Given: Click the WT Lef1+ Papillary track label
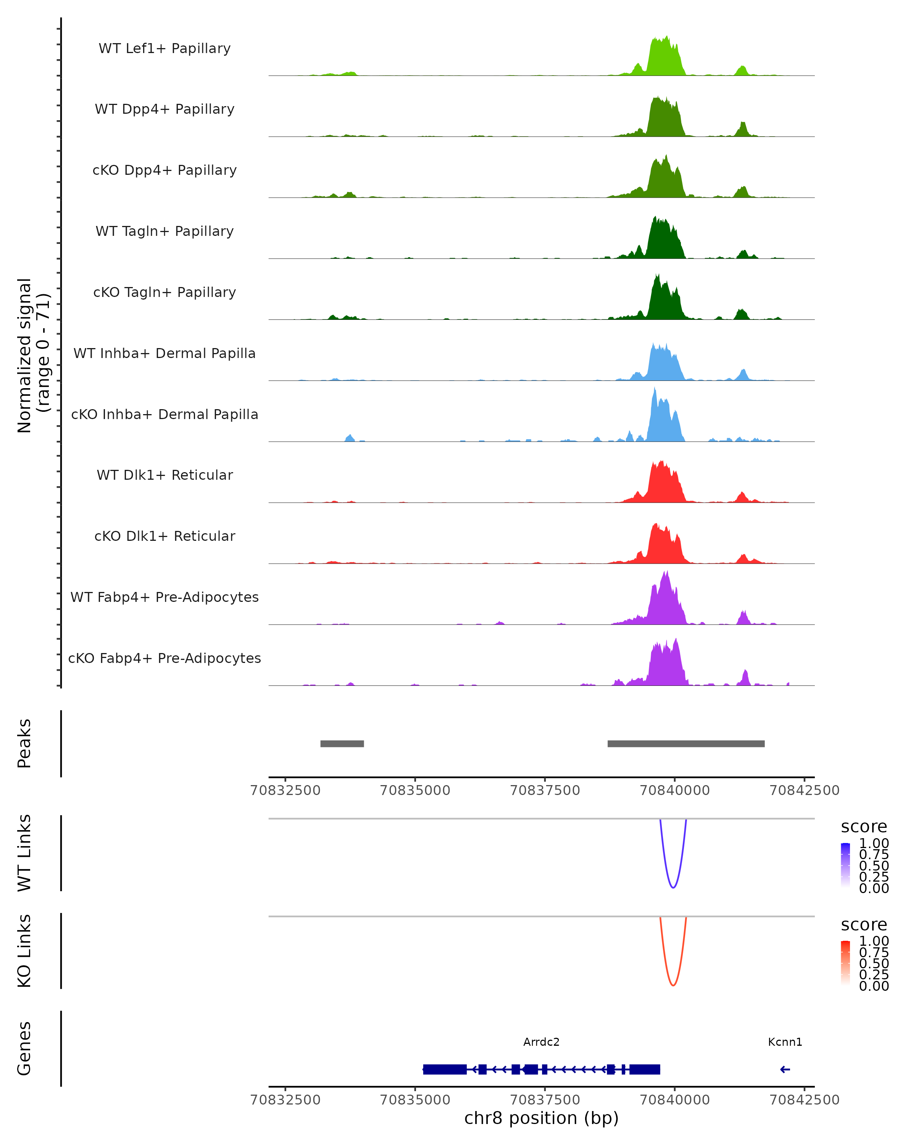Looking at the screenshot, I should pos(164,48).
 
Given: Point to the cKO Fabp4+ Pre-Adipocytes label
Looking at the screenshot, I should pos(164,658).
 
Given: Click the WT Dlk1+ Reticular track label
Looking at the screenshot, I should pos(164,475).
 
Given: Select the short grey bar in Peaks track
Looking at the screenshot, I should pos(342,743).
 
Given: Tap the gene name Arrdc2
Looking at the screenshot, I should pos(541,1042).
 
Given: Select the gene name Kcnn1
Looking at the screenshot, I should pos(785,1042).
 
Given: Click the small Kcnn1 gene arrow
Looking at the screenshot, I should pos(785,1069).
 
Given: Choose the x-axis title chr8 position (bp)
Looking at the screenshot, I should pos(541,1118).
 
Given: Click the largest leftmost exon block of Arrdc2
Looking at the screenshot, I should pos(445,1069).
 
